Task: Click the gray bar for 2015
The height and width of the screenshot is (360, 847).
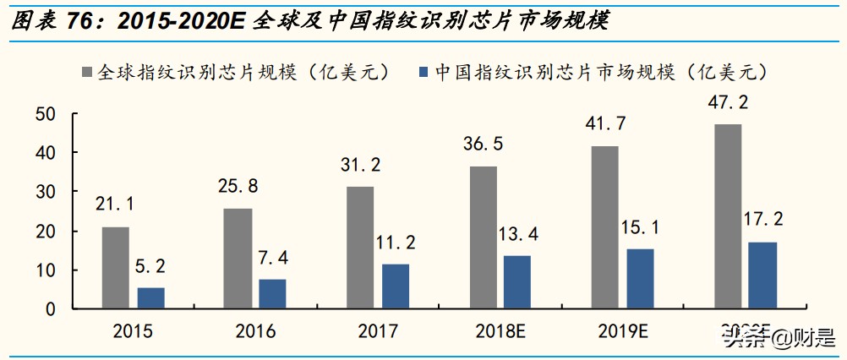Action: click(116, 268)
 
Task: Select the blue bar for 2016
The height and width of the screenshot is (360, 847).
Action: click(272, 293)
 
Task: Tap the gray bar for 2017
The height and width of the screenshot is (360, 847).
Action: click(360, 248)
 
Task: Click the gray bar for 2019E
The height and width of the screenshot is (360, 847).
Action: click(604, 227)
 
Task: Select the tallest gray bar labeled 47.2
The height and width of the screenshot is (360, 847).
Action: click(727, 216)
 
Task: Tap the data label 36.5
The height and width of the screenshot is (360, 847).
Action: click(483, 144)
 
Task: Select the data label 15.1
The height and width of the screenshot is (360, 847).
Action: click(642, 226)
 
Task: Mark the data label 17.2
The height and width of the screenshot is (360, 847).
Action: click(762, 220)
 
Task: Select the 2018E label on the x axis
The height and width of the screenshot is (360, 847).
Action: click(500, 330)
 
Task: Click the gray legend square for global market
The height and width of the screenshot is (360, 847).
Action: click(88, 73)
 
